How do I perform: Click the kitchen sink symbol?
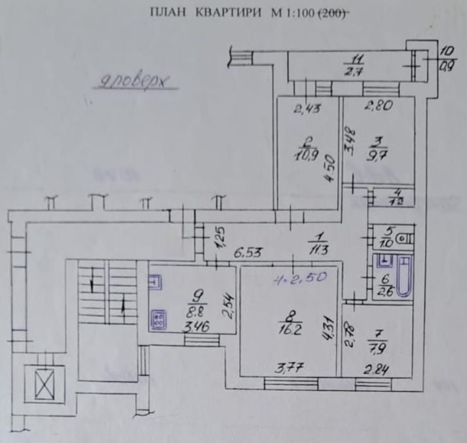click(x=157, y=282)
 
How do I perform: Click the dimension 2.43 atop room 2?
click(x=305, y=109)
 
